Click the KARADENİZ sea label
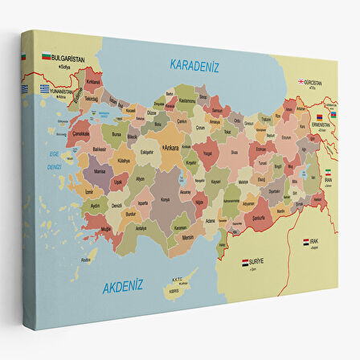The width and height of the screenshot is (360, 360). [x=194, y=66]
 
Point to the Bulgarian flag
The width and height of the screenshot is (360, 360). [x=47, y=58]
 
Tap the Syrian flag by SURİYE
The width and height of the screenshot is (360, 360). [x=246, y=262]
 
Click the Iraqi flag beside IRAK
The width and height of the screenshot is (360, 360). [x=306, y=241]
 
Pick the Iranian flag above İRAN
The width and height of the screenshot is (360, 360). [x=327, y=173]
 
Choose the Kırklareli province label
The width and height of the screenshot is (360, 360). [x=94, y=81]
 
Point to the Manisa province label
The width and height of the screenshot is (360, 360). [x=100, y=172]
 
